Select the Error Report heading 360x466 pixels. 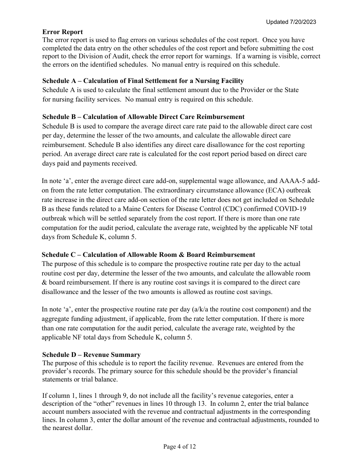click(x=63, y=32)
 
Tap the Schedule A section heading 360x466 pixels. click(x=143, y=81)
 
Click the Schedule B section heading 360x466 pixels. click(x=143, y=117)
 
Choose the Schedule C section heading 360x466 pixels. click(x=148, y=255)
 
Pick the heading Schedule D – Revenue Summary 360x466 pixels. click(x=91, y=355)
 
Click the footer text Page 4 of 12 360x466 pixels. click(x=180, y=447)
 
